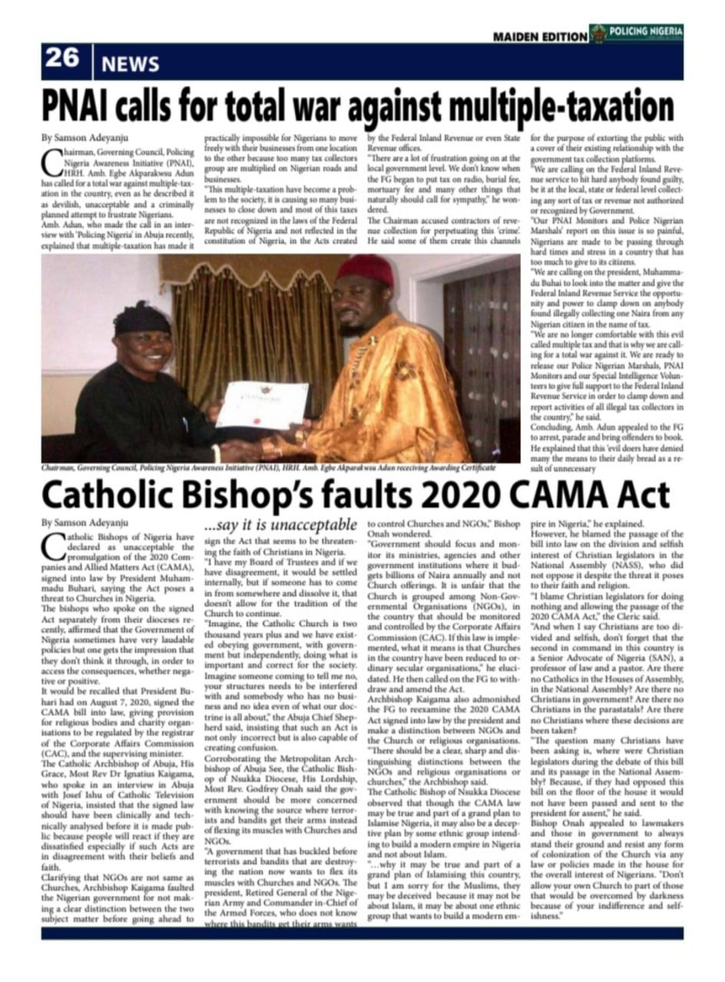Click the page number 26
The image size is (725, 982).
(x=63, y=58)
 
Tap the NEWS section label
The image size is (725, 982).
(x=130, y=64)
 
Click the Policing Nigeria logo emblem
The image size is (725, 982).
(x=599, y=33)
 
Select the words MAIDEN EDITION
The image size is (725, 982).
(x=539, y=36)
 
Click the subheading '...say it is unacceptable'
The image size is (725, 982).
(x=280, y=525)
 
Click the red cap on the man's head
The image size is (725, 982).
(x=364, y=271)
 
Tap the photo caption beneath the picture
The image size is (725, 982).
(x=269, y=467)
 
